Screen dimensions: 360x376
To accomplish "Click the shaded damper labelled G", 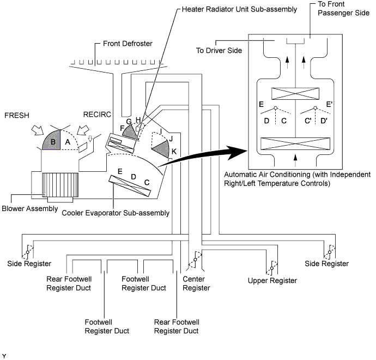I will point(130,131).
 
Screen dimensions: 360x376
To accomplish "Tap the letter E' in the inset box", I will point(329,104).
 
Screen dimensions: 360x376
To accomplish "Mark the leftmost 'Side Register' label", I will point(29,263).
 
